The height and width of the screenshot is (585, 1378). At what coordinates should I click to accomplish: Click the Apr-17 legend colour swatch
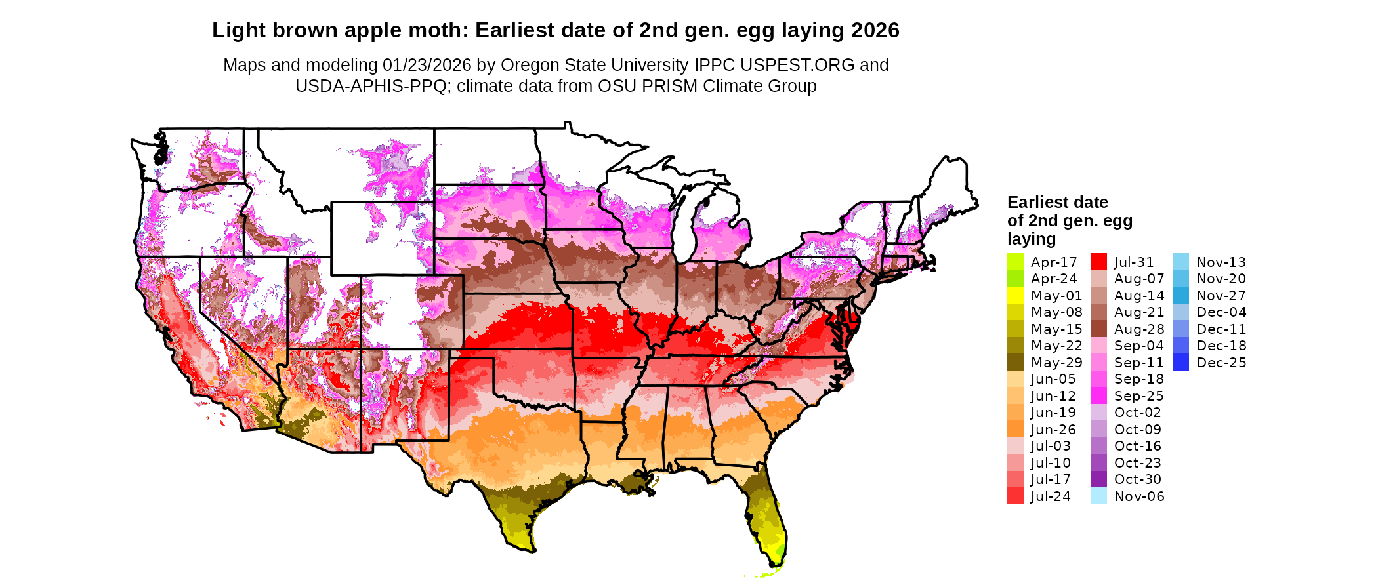click(x=1015, y=262)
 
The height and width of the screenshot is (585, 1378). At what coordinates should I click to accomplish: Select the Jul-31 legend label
click(x=1133, y=262)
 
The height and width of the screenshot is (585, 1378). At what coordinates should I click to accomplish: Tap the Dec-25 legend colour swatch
click(x=1180, y=362)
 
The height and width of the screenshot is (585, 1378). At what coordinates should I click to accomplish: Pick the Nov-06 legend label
click(x=1139, y=496)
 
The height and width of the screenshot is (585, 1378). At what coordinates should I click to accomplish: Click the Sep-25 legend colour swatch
click(x=1098, y=395)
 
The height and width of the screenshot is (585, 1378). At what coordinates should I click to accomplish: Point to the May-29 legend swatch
click(x=1015, y=362)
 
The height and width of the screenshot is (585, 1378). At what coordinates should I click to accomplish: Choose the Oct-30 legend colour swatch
click(x=1098, y=479)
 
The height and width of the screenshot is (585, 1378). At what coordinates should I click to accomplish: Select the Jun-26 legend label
click(x=1053, y=430)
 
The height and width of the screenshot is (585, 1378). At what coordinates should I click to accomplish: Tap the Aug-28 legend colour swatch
click(x=1098, y=329)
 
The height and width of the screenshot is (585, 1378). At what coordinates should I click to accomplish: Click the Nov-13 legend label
click(x=1221, y=262)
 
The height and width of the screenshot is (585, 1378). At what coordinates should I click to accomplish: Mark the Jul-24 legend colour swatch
click(x=1015, y=496)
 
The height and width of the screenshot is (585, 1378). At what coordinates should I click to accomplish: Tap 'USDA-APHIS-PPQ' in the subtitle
click(x=371, y=86)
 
